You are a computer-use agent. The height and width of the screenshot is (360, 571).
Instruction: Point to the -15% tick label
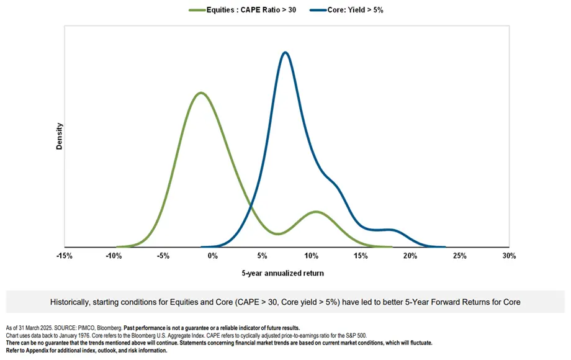[x=64, y=256]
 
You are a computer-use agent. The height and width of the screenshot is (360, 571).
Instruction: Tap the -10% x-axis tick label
[x=114, y=256]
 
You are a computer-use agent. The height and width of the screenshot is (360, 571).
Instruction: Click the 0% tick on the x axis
[x=212, y=256]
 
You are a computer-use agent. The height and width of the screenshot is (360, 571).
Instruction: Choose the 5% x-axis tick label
[x=261, y=256]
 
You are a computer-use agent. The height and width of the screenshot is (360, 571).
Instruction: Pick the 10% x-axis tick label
[x=311, y=256]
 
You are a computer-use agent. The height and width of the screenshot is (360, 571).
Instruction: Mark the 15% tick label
[x=361, y=256]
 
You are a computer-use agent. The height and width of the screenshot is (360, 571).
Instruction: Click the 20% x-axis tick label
[x=410, y=256]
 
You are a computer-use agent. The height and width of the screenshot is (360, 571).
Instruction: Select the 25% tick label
[x=459, y=256]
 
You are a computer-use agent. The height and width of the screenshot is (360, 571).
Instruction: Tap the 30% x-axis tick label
[x=509, y=256]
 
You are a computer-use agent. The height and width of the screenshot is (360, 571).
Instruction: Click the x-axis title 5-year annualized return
[x=282, y=273]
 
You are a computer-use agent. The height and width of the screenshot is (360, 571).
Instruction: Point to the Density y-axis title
[x=60, y=136]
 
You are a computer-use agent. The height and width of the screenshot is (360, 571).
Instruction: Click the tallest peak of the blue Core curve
[x=285, y=52]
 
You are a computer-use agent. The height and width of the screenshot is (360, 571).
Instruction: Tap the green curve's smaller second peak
[x=316, y=212]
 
